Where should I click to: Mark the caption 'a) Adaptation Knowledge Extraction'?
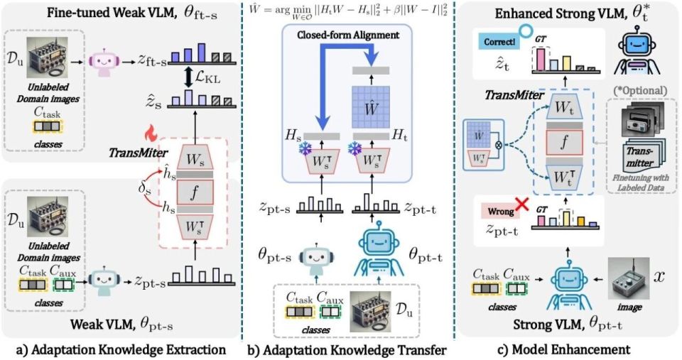[x=114, y=349]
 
